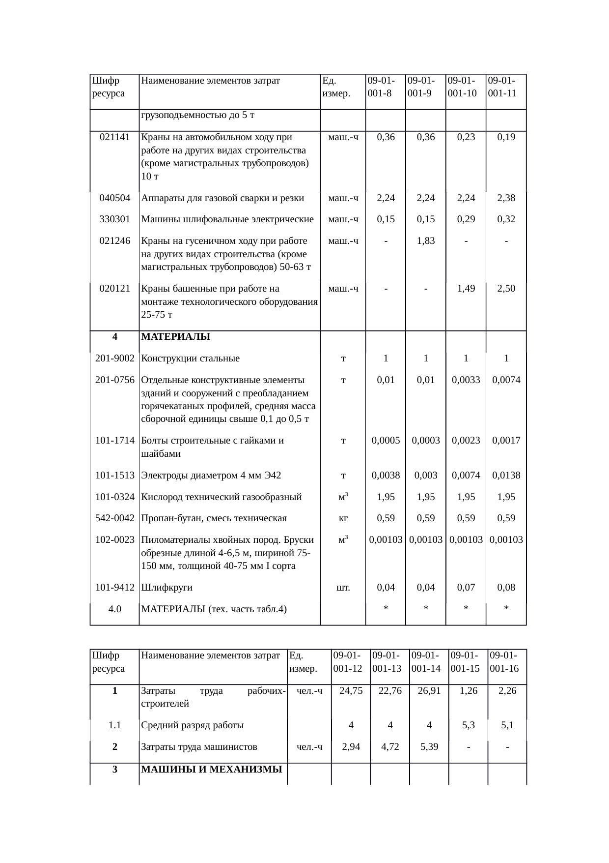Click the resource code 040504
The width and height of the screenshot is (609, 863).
point(114,198)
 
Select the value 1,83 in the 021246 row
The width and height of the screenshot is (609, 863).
point(426,241)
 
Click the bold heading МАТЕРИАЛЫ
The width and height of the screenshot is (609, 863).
point(175,337)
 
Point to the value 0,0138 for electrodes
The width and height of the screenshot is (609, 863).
point(506,476)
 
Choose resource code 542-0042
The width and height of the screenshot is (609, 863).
point(114,518)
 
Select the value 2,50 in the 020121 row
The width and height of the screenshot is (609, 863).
point(506,289)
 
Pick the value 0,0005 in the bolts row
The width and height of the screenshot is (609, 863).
point(386,441)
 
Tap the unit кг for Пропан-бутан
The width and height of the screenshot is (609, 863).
point(343,518)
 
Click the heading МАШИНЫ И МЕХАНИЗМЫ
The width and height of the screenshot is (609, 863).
point(212,770)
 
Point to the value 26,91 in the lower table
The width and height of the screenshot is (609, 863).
point(429,691)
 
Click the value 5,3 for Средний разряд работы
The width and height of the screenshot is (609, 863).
point(468,725)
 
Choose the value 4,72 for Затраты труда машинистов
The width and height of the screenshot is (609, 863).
point(390,747)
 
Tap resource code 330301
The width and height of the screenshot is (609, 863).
point(114,219)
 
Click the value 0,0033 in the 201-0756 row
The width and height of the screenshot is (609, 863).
point(466,380)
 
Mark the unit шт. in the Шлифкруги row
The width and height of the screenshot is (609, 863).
point(343,588)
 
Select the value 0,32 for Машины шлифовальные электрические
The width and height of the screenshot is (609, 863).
point(506,219)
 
